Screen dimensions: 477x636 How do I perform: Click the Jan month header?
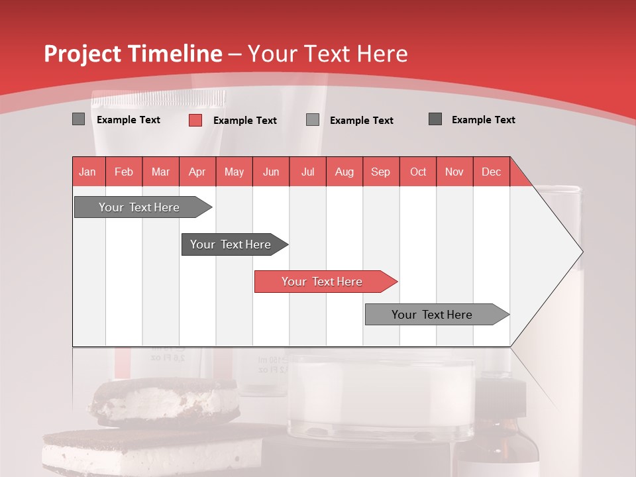tap(87, 172)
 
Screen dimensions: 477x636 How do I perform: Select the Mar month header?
tap(160, 172)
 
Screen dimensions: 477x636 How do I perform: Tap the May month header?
tap(234, 172)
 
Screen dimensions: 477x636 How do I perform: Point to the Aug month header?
tap(344, 172)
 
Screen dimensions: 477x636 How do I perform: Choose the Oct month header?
tap(417, 172)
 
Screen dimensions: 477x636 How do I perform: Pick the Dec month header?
tap(491, 172)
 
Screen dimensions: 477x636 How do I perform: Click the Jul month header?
tap(307, 172)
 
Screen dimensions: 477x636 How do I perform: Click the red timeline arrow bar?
tap(325, 282)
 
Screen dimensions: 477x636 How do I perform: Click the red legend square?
tap(195, 120)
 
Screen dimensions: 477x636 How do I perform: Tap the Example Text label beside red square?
tap(244, 121)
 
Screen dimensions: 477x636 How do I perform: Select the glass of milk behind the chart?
tap(381, 397)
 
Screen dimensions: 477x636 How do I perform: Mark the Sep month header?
tap(380, 172)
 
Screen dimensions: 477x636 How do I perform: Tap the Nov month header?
tap(454, 172)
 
